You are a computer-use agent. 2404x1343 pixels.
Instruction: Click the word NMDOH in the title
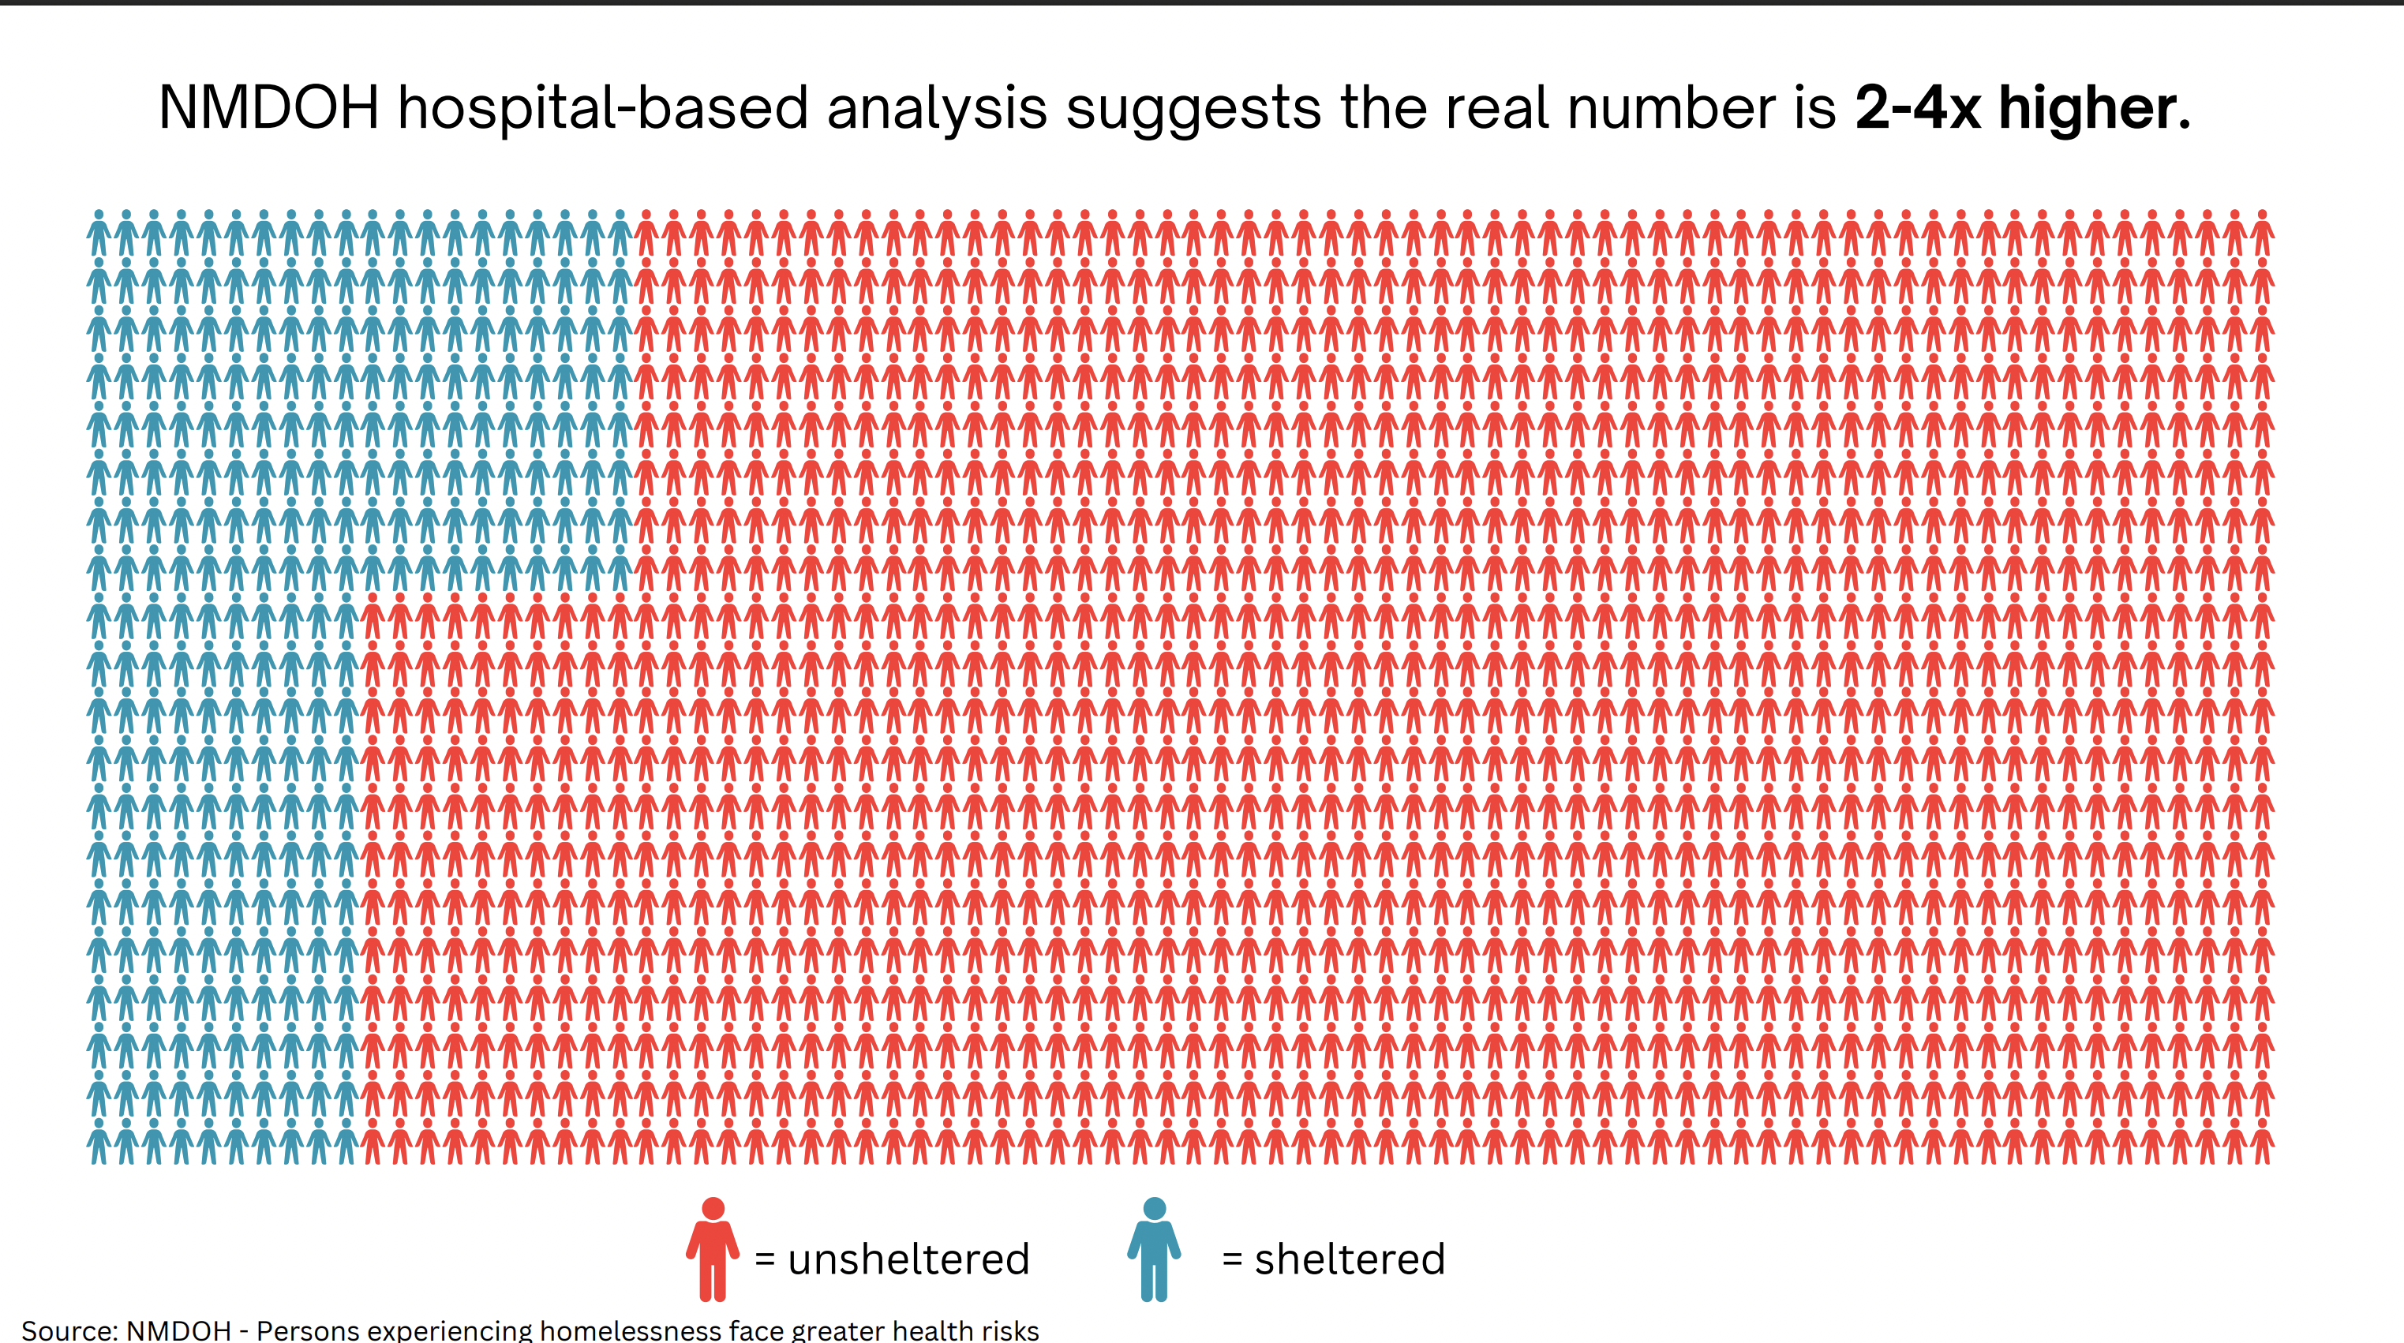tap(269, 107)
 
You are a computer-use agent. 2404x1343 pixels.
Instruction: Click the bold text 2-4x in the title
tap(1917, 107)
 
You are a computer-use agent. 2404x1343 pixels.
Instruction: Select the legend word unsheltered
tap(908, 1259)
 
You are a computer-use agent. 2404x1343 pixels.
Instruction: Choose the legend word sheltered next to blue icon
tap(1350, 1259)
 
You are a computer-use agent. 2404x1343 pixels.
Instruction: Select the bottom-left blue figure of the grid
tap(99, 1145)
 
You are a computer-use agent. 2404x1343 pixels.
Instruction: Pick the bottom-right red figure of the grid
tap(2261, 1145)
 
